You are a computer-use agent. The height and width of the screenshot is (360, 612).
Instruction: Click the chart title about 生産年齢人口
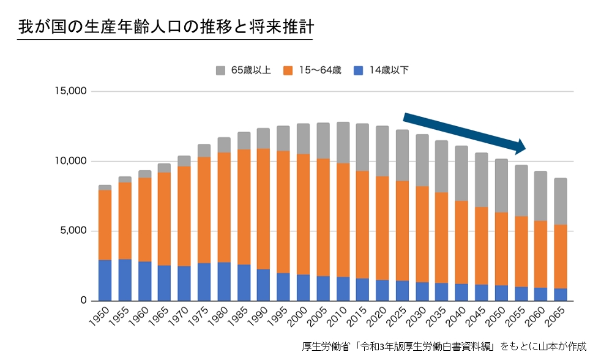pos(165,27)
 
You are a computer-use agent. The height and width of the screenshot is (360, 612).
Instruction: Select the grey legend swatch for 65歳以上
pos(221,70)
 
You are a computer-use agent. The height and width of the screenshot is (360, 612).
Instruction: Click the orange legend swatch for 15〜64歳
pos(288,70)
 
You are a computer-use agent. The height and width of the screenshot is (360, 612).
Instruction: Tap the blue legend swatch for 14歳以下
pos(359,70)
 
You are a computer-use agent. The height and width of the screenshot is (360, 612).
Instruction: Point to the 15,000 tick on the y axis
pos(71,92)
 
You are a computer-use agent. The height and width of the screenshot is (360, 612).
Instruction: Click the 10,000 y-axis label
pos(71,162)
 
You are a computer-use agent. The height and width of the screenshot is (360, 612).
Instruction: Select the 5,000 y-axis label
pos(73,231)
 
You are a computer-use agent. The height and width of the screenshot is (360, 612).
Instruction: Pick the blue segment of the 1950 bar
pos(105,280)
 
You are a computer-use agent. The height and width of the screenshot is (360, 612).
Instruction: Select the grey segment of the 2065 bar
pos(560,201)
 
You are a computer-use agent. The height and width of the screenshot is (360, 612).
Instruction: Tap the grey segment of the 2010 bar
pos(343,142)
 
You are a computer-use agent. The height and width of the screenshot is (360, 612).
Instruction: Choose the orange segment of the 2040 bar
pos(461,242)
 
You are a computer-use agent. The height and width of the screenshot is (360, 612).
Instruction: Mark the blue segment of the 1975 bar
pos(204,282)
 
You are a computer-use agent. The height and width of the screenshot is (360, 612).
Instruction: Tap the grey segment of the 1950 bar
pos(105,187)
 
